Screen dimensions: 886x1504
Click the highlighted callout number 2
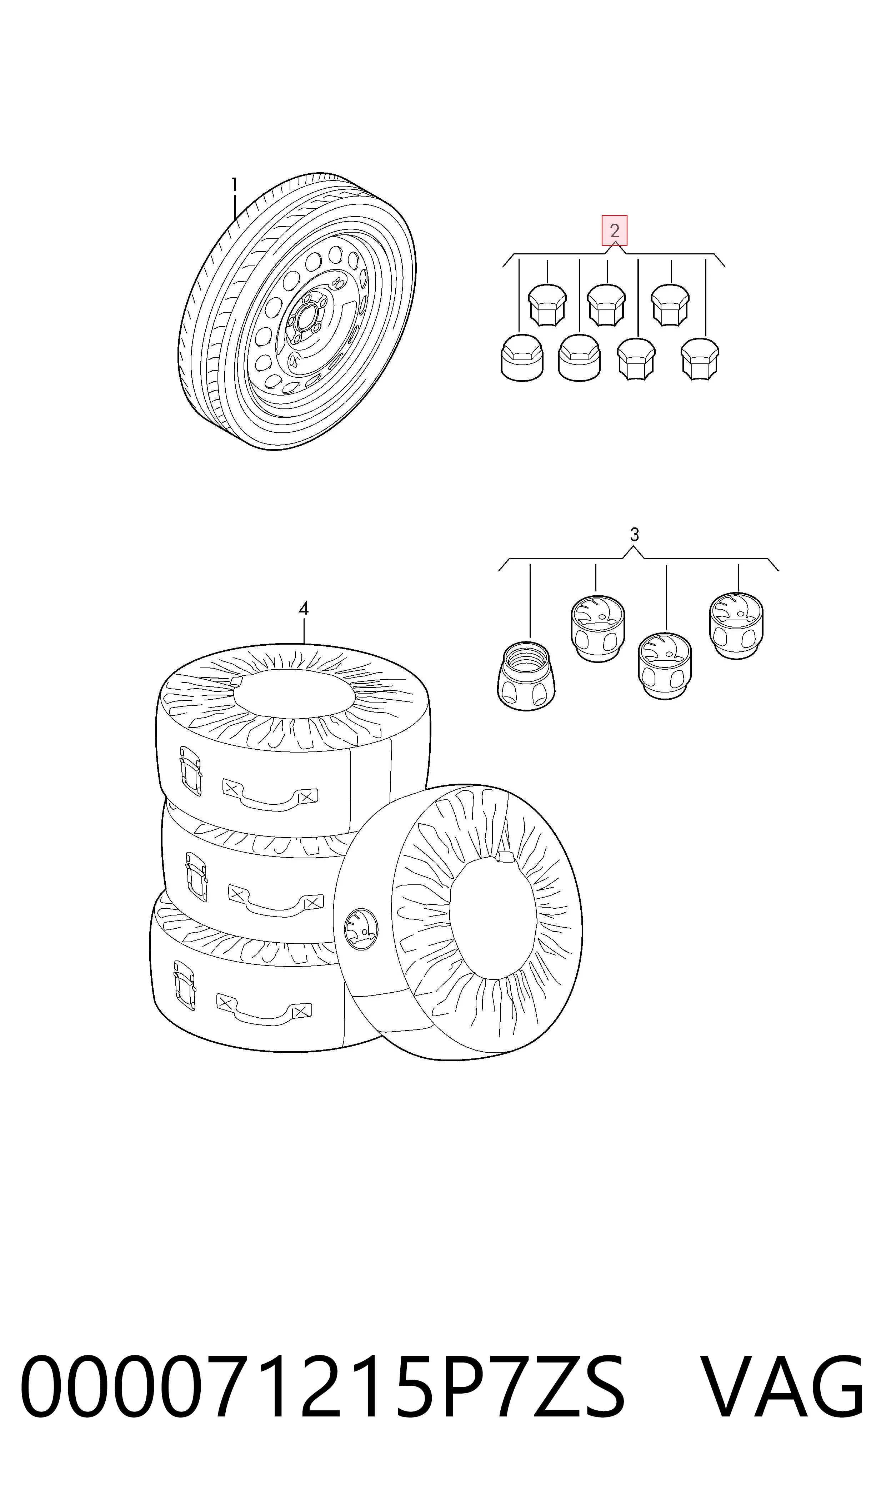[614, 230]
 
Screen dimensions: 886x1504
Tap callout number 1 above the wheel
[235, 185]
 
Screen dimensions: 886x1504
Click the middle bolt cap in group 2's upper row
[607, 305]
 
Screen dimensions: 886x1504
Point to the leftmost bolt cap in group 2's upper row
[547, 305]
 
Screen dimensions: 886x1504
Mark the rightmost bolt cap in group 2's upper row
[670, 305]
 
